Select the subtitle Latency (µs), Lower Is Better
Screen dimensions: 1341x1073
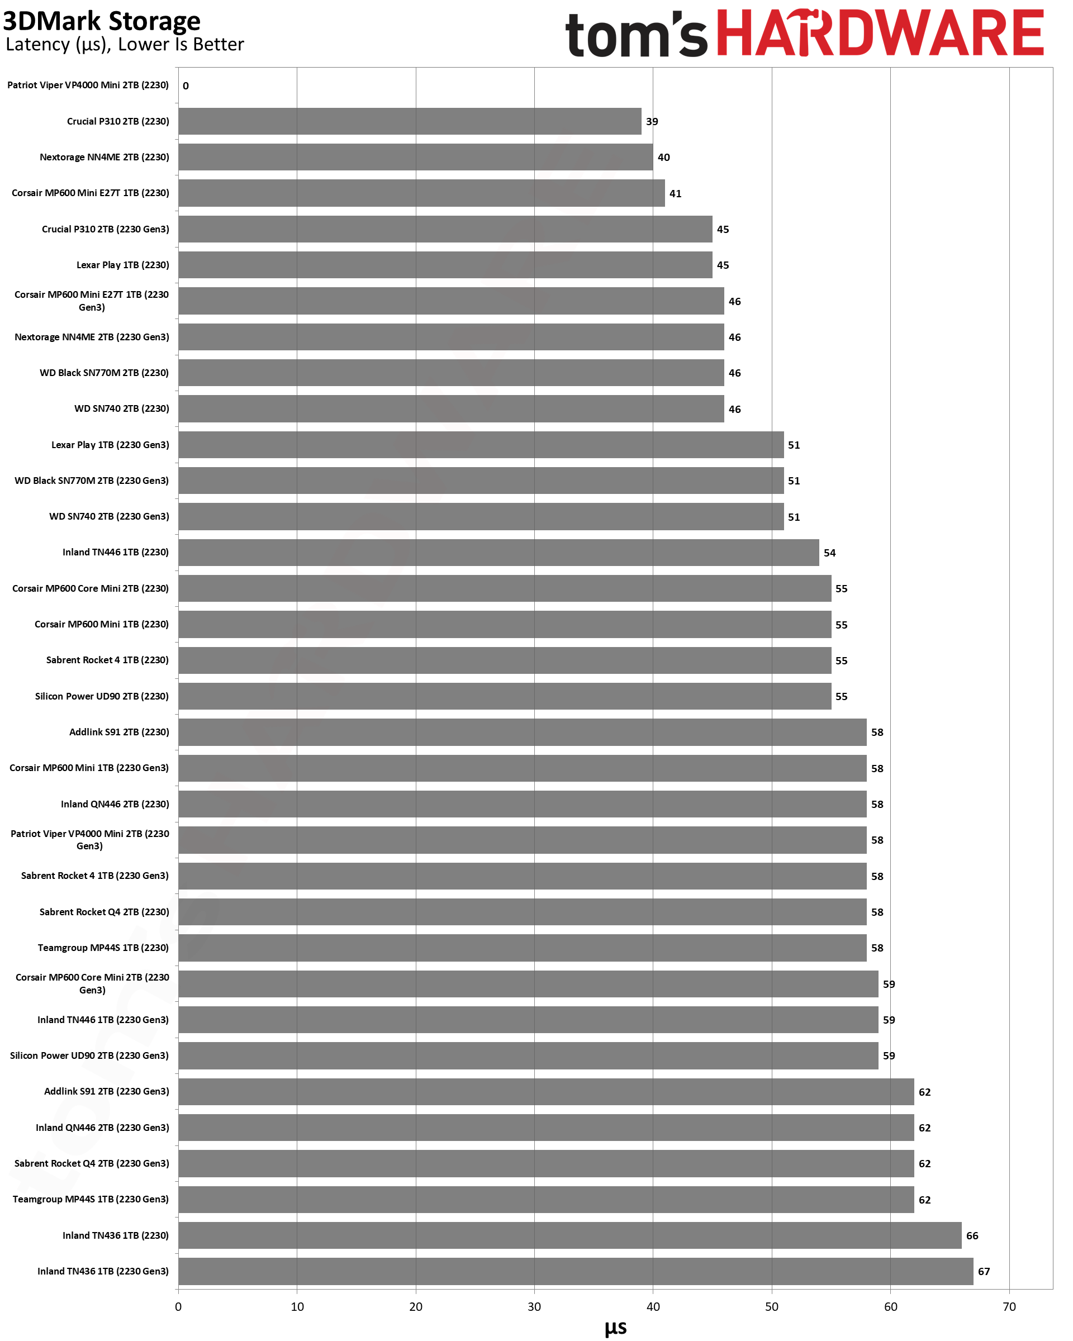tap(125, 45)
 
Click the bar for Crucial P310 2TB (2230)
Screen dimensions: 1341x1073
tap(409, 121)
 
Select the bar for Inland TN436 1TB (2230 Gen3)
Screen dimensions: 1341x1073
tap(576, 1271)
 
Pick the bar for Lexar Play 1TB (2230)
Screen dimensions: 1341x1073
tap(445, 265)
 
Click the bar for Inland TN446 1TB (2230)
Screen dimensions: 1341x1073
tap(498, 552)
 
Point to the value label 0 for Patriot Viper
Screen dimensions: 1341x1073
tap(186, 86)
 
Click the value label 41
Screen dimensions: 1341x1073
tap(675, 193)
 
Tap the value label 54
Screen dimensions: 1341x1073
tap(829, 553)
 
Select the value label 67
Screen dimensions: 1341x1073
tap(984, 1272)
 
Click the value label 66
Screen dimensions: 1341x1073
tap(972, 1236)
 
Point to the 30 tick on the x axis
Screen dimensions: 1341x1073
tap(534, 1307)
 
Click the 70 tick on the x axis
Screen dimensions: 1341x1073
tap(1009, 1307)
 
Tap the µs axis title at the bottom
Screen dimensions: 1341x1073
tap(615, 1328)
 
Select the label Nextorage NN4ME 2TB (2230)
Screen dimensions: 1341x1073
tap(104, 158)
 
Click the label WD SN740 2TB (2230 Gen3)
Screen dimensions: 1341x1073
tap(109, 516)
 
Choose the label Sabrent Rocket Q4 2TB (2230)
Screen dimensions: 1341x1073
tap(104, 912)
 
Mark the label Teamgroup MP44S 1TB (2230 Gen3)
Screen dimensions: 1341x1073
tap(91, 1199)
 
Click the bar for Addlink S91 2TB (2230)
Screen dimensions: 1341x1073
tap(522, 732)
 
